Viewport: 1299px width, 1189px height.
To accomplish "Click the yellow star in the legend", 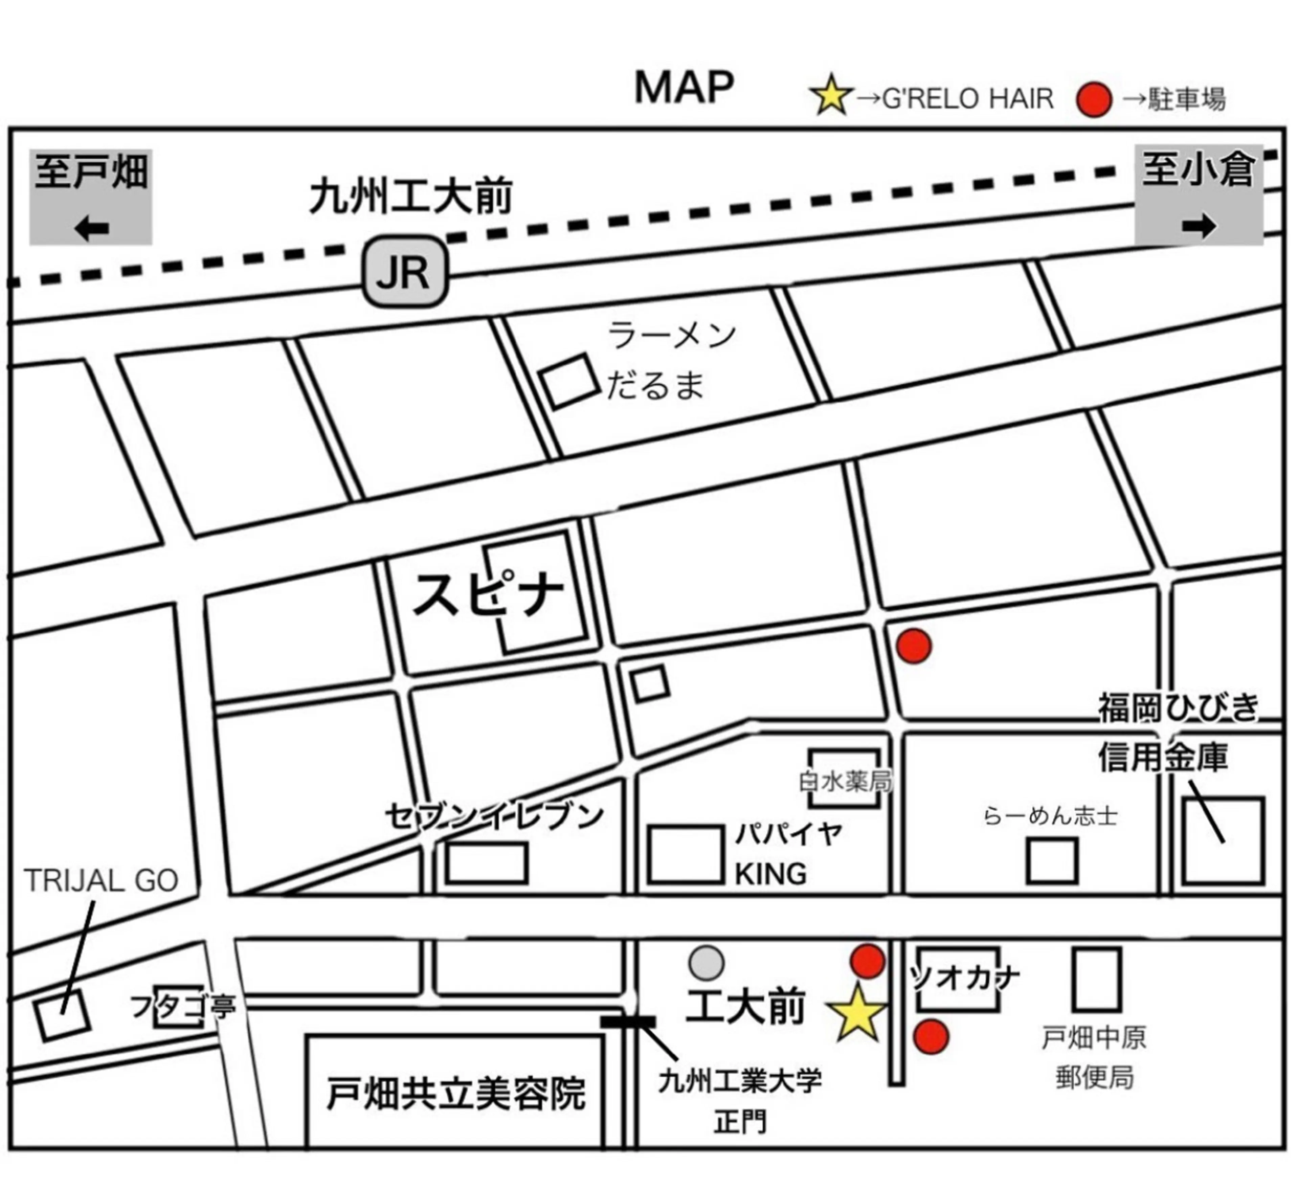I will pos(831,95).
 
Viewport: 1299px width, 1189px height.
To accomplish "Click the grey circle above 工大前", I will pos(706,963).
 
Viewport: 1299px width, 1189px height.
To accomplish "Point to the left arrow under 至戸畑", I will pos(91,228).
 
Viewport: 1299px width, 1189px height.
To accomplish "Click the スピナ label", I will pos(488,595).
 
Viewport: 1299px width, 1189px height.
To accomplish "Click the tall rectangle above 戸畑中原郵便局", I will pos(1097,979).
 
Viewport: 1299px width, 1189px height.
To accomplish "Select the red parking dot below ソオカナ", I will pos(932,1036).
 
